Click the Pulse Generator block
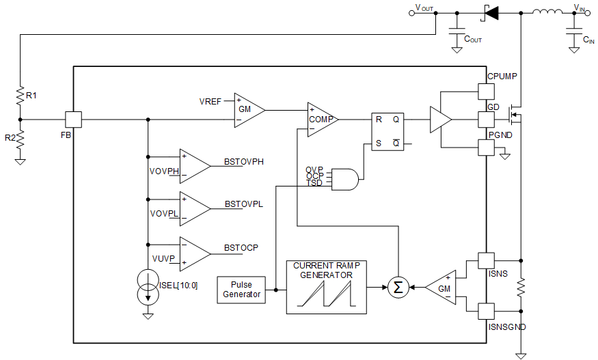241,290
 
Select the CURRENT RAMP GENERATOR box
326,287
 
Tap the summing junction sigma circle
398,288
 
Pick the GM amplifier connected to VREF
247,109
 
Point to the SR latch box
388,131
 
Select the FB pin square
73,120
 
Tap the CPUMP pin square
485,91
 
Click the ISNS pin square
485,260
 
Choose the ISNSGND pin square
485,311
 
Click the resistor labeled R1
21,96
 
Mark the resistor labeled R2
21,139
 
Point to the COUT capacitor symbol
457,31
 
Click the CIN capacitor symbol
573,31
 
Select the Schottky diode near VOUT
490,12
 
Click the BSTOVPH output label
244,162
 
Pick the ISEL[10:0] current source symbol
147,287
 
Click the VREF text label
210,102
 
